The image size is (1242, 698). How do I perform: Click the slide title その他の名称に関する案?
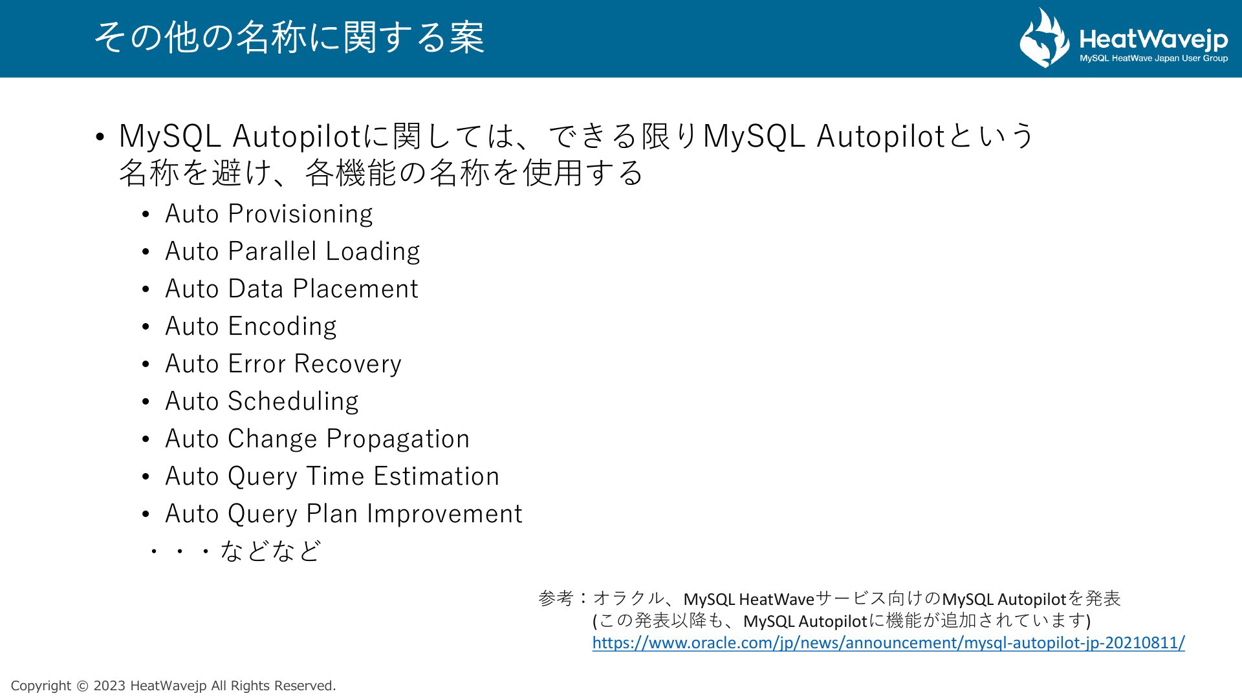(289, 37)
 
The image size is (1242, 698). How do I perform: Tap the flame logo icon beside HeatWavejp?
(1044, 38)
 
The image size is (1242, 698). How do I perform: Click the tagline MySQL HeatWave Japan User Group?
(1153, 58)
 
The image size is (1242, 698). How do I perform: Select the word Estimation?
(437, 476)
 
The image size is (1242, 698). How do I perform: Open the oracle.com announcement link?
(889, 643)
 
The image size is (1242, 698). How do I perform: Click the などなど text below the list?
(270, 551)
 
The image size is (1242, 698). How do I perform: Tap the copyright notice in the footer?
(173, 686)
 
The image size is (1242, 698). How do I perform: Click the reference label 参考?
(556, 598)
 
